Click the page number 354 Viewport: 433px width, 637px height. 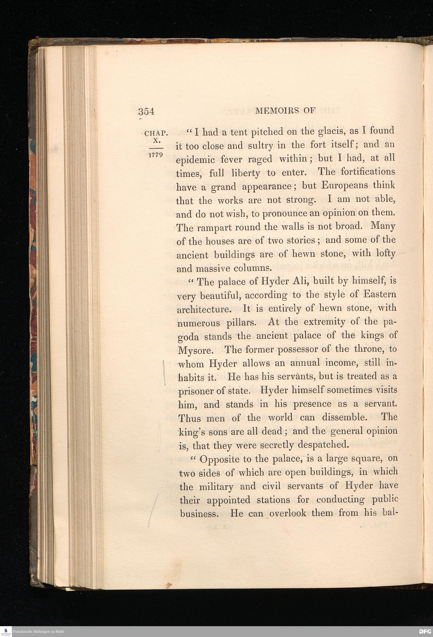pyautogui.click(x=146, y=112)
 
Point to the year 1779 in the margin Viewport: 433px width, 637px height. pyautogui.click(x=156, y=155)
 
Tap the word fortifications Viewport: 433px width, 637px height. pyautogui.click(x=367, y=172)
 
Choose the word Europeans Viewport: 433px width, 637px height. pyautogui.click(x=345, y=186)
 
